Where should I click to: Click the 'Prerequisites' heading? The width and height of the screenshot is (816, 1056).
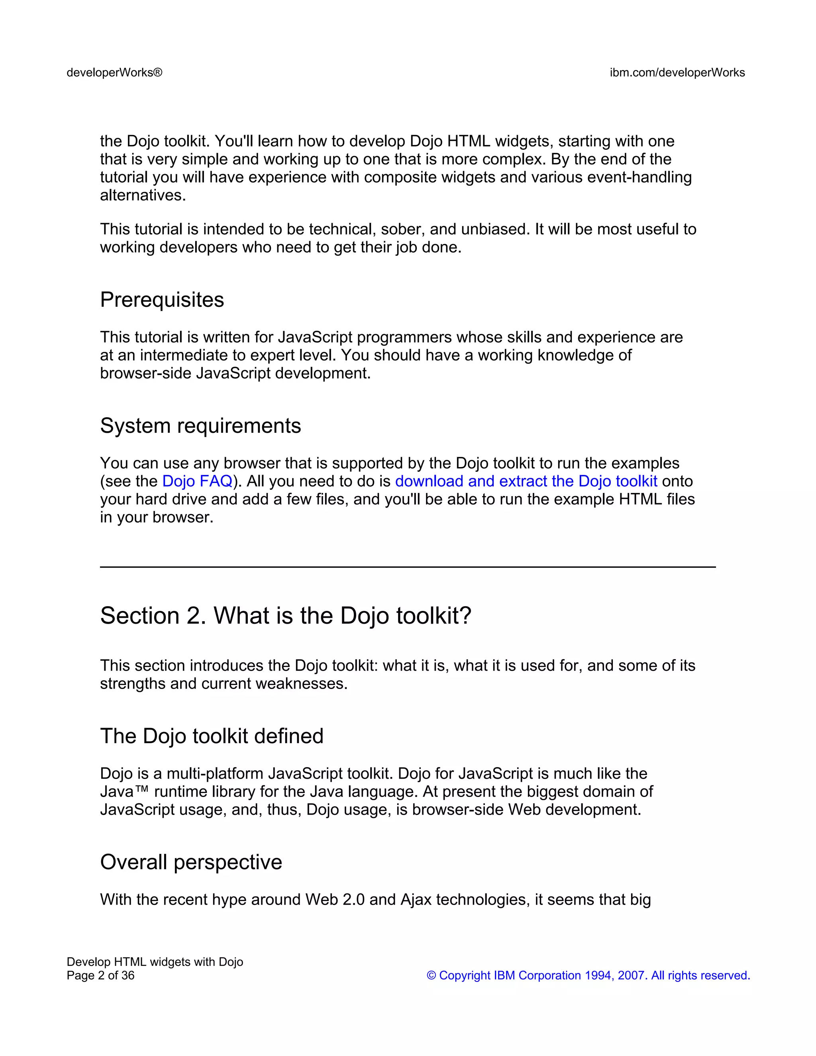pyautogui.click(x=162, y=300)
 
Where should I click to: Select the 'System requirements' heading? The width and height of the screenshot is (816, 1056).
pyautogui.click(x=200, y=426)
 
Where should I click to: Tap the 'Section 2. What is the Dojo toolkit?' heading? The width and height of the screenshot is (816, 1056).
pyautogui.click(x=285, y=616)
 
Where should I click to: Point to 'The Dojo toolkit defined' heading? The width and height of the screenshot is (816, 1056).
pyautogui.click(x=212, y=736)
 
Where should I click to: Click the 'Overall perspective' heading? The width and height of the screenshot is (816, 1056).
pyautogui.click(x=191, y=862)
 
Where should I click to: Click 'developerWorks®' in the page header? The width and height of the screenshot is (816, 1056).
pyautogui.click(x=115, y=73)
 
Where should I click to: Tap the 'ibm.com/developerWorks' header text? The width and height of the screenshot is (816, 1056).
pyautogui.click(x=677, y=73)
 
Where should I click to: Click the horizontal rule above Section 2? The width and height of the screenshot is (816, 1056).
pyautogui.click(x=408, y=567)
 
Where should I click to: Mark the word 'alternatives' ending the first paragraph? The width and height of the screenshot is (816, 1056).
pyautogui.click(x=143, y=195)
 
